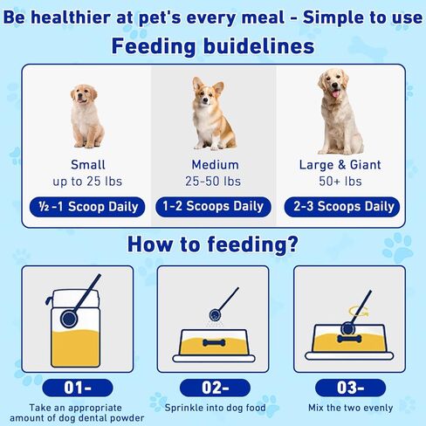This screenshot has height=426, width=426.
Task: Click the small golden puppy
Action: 86,116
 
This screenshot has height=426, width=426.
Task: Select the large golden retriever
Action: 339,112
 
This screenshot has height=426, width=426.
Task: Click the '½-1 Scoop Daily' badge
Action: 87,207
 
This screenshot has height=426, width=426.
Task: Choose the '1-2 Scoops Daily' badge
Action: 213,207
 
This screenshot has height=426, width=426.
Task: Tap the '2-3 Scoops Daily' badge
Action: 342,207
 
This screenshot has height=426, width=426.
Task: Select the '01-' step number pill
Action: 78,388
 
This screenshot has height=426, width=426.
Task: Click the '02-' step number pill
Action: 215,388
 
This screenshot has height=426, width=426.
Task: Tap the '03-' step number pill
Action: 351,388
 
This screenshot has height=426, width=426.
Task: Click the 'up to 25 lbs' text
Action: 87,182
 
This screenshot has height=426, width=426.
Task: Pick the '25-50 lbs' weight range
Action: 213,182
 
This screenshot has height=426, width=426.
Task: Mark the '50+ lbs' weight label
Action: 340,182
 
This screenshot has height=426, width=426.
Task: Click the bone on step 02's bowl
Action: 214,343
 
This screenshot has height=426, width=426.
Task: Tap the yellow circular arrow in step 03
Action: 359,312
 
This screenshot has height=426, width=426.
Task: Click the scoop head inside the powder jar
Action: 69,319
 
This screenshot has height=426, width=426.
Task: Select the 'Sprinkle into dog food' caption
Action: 215,408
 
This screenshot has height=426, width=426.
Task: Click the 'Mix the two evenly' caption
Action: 351,408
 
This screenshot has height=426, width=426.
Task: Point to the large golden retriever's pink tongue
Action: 336,93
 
